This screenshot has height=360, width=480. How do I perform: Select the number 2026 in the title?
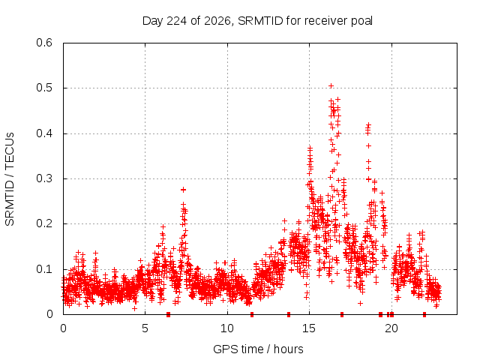tap(217, 21)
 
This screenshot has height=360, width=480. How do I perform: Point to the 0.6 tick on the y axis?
tap(44, 43)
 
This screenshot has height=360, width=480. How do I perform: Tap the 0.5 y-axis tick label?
tap(44, 88)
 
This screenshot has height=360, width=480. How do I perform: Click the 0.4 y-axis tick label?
tap(44, 133)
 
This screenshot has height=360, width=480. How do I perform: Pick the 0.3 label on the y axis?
tap(44, 178)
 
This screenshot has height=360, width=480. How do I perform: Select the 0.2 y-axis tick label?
tap(44, 223)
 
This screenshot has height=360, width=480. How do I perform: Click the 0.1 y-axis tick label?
tap(44, 269)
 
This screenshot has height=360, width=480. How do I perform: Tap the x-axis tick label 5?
tap(145, 328)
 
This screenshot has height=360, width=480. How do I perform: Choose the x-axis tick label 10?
tap(226, 328)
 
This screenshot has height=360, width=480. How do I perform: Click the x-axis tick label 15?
tap(309, 328)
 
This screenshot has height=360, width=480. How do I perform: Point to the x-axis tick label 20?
tap(391, 328)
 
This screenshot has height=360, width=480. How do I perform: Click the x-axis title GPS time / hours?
tap(258, 349)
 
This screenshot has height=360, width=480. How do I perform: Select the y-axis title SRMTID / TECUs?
tap(10, 179)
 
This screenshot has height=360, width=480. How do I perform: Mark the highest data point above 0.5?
tap(331, 85)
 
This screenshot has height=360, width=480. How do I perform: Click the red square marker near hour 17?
tap(342, 314)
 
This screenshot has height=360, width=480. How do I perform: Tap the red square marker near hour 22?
tap(424, 314)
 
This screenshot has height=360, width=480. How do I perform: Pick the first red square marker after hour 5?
tap(168, 314)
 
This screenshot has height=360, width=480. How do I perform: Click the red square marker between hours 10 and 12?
tap(252, 314)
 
